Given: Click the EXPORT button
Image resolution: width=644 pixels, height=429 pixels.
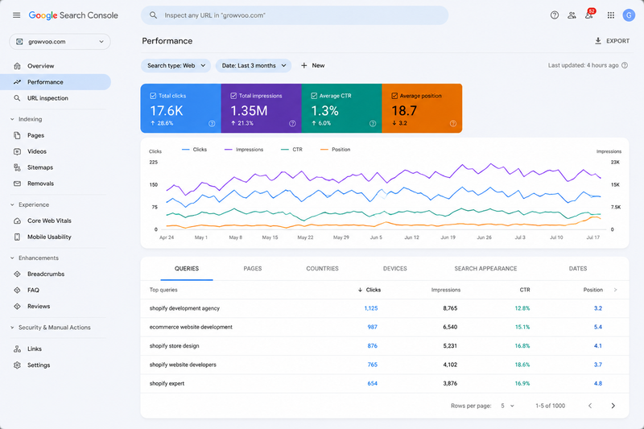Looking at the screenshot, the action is pyautogui.click(x=612, y=41).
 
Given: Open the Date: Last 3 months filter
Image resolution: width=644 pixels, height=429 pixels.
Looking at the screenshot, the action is pyautogui.click(x=254, y=66).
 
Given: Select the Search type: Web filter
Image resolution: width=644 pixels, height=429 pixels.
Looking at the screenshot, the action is pyautogui.click(x=175, y=66).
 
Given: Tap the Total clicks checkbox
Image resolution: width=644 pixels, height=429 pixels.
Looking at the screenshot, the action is pyautogui.click(x=153, y=96).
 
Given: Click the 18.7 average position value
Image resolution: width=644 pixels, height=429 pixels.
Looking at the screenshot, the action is pyautogui.click(x=404, y=111).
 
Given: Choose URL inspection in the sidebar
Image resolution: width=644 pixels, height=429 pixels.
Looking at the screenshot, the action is pyautogui.click(x=47, y=98).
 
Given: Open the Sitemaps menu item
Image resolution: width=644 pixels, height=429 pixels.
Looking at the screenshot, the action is pyautogui.click(x=40, y=167).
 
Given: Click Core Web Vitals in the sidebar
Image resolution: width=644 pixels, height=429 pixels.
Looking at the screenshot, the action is pyautogui.click(x=49, y=221).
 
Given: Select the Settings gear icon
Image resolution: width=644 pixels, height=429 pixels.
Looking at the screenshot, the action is pyautogui.click(x=17, y=365).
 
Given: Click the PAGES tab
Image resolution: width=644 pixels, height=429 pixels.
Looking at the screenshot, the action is pyautogui.click(x=253, y=269).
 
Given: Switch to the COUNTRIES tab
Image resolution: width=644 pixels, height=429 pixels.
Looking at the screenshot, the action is pyautogui.click(x=323, y=269).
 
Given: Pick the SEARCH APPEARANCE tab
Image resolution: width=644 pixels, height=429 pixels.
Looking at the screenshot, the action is pyautogui.click(x=485, y=269).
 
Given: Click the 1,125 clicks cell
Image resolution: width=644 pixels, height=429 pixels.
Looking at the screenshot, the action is pyautogui.click(x=371, y=308).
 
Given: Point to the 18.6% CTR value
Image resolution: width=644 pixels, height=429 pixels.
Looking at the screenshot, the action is pyautogui.click(x=522, y=365).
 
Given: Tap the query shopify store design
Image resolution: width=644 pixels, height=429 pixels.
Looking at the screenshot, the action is pyautogui.click(x=174, y=345).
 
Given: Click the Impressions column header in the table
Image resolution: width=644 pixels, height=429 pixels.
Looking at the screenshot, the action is pyautogui.click(x=446, y=290).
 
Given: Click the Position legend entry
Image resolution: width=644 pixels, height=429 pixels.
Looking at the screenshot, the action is pyautogui.click(x=335, y=150).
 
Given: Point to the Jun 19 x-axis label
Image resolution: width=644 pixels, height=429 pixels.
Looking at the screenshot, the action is pyautogui.click(x=448, y=237).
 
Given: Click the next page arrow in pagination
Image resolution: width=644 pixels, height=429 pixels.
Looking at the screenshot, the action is pyautogui.click(x=613, y=406).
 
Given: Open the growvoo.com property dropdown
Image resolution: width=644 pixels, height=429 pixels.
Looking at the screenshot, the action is pyautogui.click(x=60, y=42).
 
